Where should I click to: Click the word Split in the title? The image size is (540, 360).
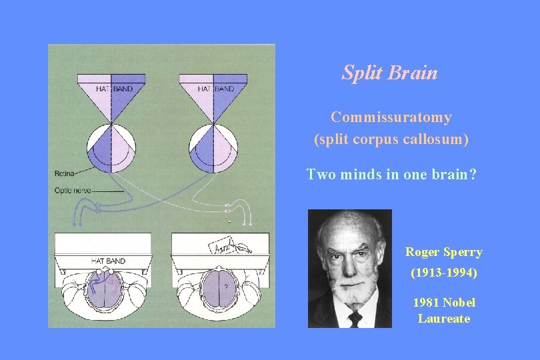[x=361, y=73]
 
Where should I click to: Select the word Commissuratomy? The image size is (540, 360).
[x=391, y=117]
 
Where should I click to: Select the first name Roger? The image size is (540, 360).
[x=422, y=252]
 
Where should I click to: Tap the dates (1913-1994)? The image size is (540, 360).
[x=443, y=273]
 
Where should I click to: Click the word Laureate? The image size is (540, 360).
[x=444, y=319]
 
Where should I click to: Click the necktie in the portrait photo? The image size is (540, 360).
[x=355, y=319]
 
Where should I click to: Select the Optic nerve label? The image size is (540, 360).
[x=73, y=191]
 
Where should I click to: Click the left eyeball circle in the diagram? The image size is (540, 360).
[x=111, y=146]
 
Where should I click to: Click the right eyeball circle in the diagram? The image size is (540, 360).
[x=214, y=146]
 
